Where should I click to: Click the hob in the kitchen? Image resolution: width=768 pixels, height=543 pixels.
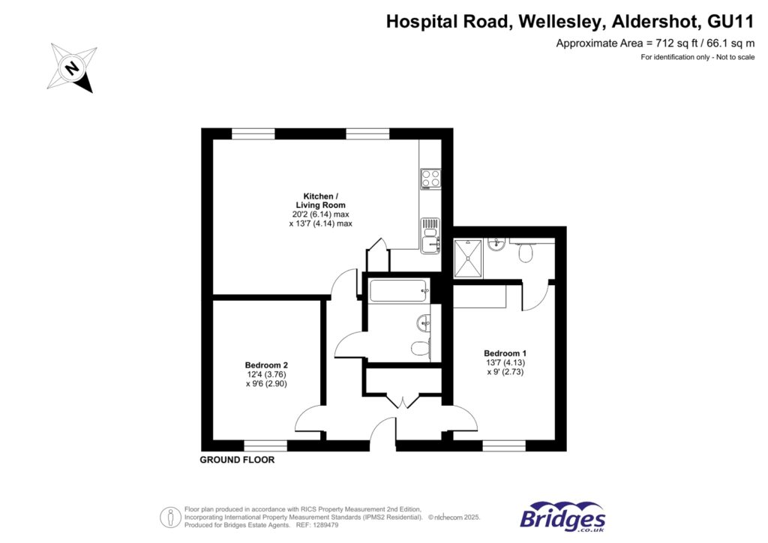[x=430, y=178]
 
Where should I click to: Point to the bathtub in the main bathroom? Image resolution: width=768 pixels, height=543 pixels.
[x=398, y=290]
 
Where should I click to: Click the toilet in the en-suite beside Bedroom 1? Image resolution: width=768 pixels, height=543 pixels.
[x=526, y=253]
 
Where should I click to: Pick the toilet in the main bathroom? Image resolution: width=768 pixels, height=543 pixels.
[x=421, y=349]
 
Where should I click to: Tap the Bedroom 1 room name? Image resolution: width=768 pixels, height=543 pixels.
[x=505, y=353]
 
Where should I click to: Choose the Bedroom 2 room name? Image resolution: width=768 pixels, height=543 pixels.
[x=266, y=365]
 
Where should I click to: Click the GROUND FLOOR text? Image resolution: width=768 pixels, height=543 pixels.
[x=237, y=460]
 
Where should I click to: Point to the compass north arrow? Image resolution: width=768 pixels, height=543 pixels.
[x=72, y=68]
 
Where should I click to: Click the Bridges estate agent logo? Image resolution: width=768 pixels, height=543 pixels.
[x=562, y=517]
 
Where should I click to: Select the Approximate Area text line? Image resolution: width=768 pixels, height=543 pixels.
[x=654, y=43]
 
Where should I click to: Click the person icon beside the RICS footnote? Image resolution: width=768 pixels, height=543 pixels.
[x=170, y=517]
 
